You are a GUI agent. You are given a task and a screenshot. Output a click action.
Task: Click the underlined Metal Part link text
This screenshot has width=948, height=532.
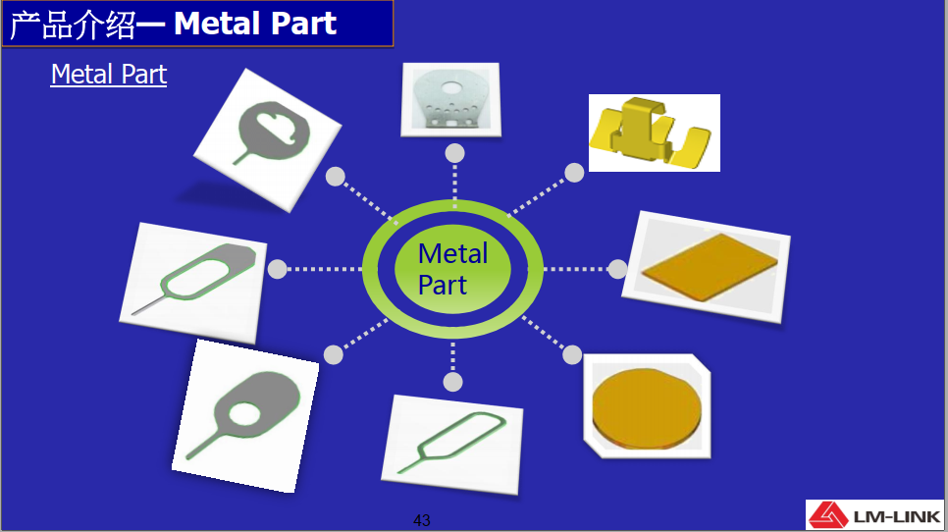click(109, 75)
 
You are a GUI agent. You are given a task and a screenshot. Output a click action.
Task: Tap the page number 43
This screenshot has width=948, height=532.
click(422, 520)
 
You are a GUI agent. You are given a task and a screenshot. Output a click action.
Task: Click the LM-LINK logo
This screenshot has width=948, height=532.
click(873, 515)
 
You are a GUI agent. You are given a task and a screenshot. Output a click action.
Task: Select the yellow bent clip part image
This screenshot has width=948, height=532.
click(654, 133)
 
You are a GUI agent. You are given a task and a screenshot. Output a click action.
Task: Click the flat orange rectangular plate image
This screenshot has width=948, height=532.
click(707, 266)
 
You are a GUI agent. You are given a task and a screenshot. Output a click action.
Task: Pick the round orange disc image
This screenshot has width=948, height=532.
click(649, 407)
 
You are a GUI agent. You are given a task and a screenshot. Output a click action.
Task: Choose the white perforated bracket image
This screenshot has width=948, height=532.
click(449, 98)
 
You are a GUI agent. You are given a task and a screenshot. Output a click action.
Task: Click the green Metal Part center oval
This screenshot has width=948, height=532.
click(452, 269)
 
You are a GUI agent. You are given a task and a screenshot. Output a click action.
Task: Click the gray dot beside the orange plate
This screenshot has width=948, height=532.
click(617, 269)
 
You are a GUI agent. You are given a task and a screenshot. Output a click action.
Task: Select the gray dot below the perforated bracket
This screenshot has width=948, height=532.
click(454, 153)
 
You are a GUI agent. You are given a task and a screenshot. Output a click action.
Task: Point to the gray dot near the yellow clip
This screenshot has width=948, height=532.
click(574, 173)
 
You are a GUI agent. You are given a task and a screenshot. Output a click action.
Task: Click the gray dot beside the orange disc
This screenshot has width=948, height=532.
click(570, 354)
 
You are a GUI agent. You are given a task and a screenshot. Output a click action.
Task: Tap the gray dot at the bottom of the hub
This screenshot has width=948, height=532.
click(452, 381)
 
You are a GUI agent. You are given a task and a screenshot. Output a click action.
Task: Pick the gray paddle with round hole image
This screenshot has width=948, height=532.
click(245, 413)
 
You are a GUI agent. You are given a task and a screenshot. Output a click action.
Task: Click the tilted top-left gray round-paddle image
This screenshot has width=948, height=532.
click(267, 136)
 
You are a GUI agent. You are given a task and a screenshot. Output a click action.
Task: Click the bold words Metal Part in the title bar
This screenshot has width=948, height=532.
click(255, 25)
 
